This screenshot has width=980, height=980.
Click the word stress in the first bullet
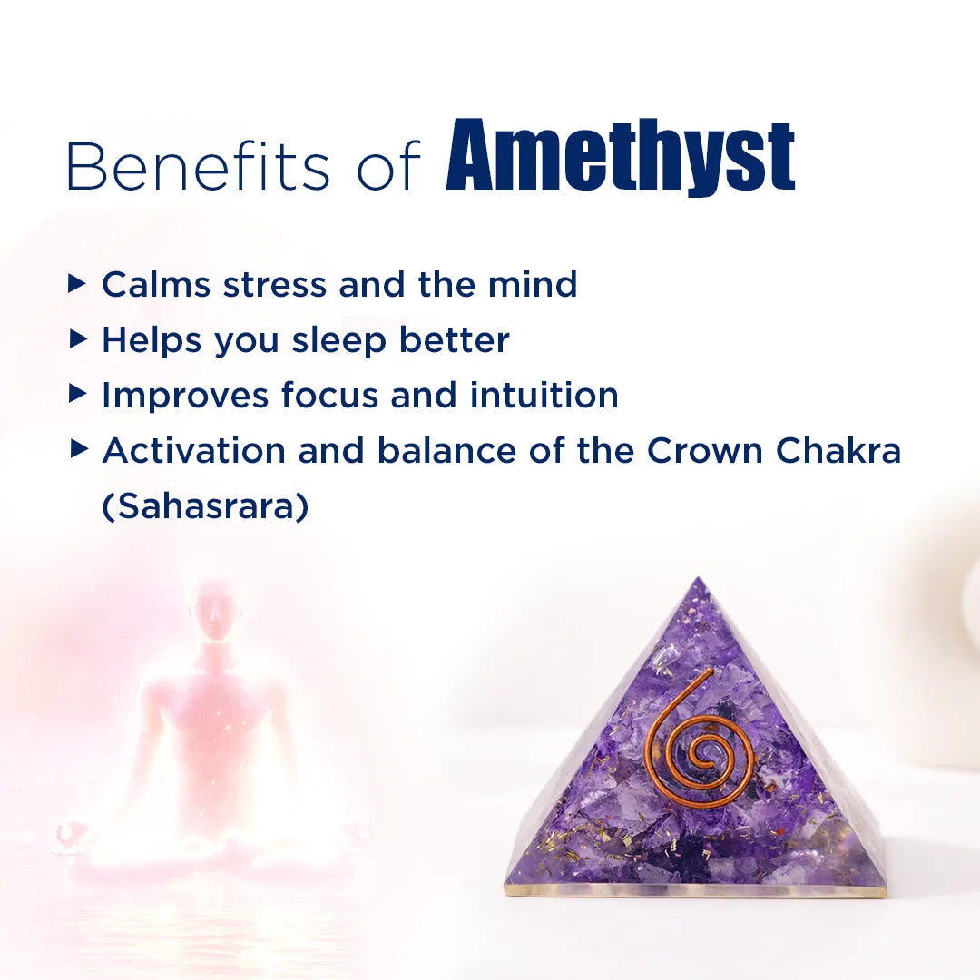276,285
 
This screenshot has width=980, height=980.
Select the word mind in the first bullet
533,285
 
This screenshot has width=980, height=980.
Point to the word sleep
340,341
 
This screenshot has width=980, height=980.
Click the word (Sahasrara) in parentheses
205,507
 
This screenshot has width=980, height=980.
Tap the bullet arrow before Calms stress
78,285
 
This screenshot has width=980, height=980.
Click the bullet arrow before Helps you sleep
78,340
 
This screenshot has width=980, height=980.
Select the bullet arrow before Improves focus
78,395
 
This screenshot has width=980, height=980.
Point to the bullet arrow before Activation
78,450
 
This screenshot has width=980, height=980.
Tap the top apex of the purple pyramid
697,582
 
